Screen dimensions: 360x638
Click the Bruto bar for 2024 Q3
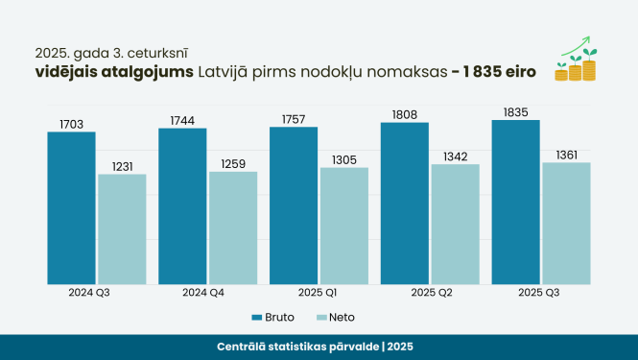[x=71, y=207]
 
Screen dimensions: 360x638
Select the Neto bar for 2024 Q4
[x=233, y=228]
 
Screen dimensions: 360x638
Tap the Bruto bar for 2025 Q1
[x=294, y=205]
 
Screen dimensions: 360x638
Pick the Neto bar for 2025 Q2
[x=455, y=224]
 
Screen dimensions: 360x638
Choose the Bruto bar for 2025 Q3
[x=515, y=202]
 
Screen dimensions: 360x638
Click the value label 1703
[x=71, y=124]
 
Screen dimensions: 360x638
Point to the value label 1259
[x=233, y=163]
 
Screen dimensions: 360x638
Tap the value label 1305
[x=343, y=159]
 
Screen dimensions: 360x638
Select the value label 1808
[x=405, y=115]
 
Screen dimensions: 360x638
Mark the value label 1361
[x=566, y=155]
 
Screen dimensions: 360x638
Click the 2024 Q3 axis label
[x=87, y=291]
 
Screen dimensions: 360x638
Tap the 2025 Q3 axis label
[x=538, y=291]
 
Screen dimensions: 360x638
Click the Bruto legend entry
[x=273, y=317]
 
